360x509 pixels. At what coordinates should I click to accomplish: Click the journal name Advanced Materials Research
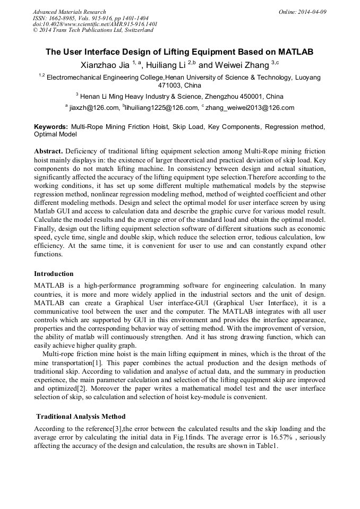click(x=69, y=12)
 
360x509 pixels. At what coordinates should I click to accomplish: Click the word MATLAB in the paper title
click(x=294, y=52)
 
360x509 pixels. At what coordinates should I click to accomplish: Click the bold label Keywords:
click(x=51, y=127)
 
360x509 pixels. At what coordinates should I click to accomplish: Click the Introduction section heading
click(x=54, y=274)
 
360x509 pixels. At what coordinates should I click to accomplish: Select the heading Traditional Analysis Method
click(x=81, y=416)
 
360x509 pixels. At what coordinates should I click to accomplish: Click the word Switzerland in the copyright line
click(x=138, y=30)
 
